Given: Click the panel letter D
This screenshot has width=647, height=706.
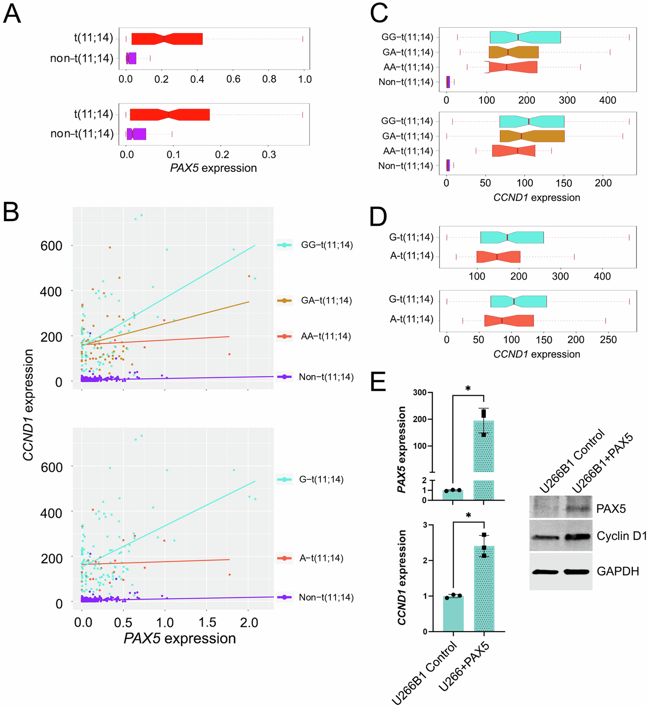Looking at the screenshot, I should [x=378, y=217].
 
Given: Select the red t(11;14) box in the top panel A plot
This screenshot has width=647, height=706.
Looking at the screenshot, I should [x=167, y=39].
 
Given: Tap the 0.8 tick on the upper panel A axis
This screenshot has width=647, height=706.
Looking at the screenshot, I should [x=269, y=80].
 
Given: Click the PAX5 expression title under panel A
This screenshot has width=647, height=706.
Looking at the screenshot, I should [x=213, y=168].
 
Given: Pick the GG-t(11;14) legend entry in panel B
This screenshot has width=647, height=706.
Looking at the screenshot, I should [x=327, y=245].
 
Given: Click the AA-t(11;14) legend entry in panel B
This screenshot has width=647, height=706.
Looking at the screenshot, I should [x=326, y=336].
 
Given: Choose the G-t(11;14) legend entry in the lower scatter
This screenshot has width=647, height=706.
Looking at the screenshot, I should [x=321, y=479].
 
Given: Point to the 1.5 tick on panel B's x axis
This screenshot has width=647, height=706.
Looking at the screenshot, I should [x=207, y=623].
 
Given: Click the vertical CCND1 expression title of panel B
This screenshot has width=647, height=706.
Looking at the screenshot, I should [x=28, y=405].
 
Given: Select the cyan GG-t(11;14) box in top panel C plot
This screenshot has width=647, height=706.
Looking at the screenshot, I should [x=525, y=37].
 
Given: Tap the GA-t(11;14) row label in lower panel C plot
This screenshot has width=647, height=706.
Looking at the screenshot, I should [x=407, y=136].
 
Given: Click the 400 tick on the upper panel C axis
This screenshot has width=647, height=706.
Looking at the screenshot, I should [x=608, y=101].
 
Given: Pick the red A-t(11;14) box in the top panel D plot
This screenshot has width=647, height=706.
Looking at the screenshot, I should [x=498, y=257].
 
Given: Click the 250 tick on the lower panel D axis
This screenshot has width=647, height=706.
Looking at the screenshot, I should [x=608, y=340].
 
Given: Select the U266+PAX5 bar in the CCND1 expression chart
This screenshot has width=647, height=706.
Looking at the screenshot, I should [x=484, y=592].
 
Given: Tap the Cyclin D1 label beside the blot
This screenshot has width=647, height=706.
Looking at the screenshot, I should [x=621, y=536].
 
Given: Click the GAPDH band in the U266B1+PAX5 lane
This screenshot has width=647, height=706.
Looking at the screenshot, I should [x=576, y=571].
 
